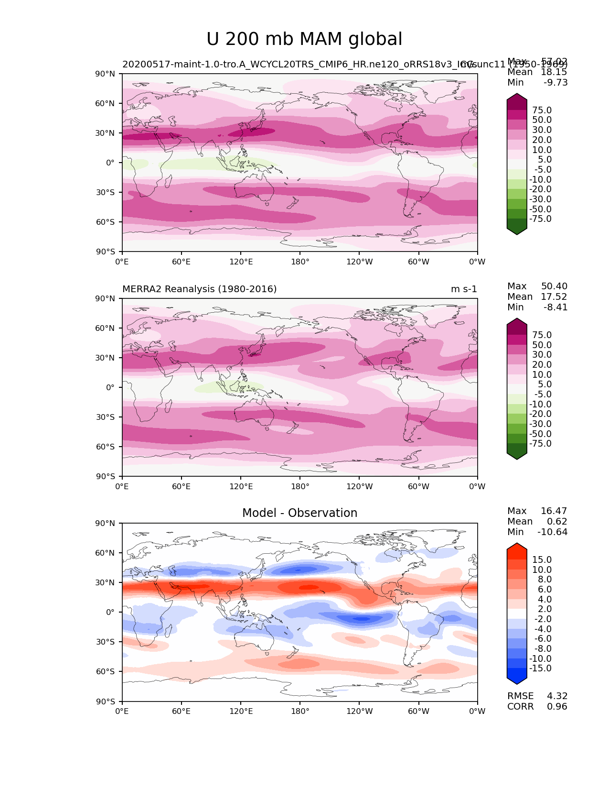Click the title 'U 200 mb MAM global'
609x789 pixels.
[304, 39]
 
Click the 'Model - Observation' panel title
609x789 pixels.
[299, 513]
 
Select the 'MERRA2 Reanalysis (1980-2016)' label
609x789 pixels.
[199, 289]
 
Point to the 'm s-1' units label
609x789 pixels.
[464, 289]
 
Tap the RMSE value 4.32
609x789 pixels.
[557, 696]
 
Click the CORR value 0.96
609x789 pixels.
[557, 707]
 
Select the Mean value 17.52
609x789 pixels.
[554, 297]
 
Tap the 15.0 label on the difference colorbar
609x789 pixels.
[542, 560]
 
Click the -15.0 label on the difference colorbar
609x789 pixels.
[540, 668]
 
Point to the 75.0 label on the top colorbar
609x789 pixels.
[542, 110]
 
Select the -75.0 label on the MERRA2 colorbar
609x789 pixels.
[540, 444]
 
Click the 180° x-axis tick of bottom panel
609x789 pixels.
[300, 712]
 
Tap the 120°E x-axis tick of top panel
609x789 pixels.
[241, 262]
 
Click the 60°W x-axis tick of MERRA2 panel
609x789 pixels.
[418, 487]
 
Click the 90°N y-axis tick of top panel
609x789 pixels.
[106, 74]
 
